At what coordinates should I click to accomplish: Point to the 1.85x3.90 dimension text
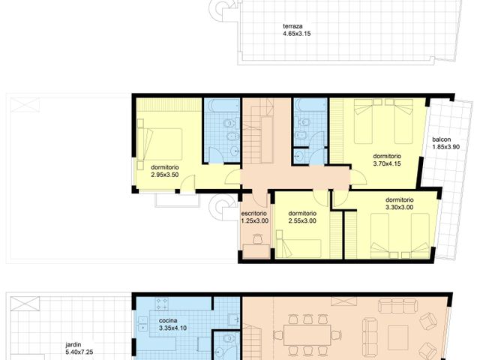446,147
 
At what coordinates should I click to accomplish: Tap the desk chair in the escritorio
256,238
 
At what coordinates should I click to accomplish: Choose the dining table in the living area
305,334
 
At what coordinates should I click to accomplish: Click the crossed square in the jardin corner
22,304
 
